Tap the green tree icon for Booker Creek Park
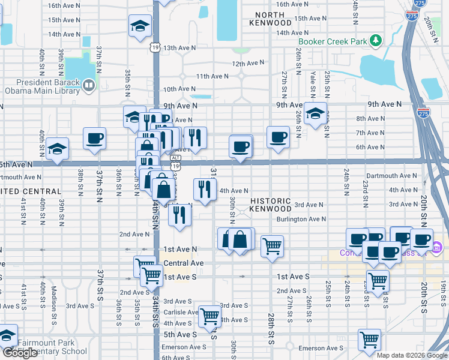(376, 41)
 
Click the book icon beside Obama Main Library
(88, 86)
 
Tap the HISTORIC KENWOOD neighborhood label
(271, 205)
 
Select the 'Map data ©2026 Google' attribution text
(412, 355)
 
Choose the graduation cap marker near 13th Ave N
(139, 26)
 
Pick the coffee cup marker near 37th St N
(95, 139)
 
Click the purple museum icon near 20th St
(436, 247)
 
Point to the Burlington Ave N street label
(301, 219)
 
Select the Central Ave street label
(184, 263)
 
